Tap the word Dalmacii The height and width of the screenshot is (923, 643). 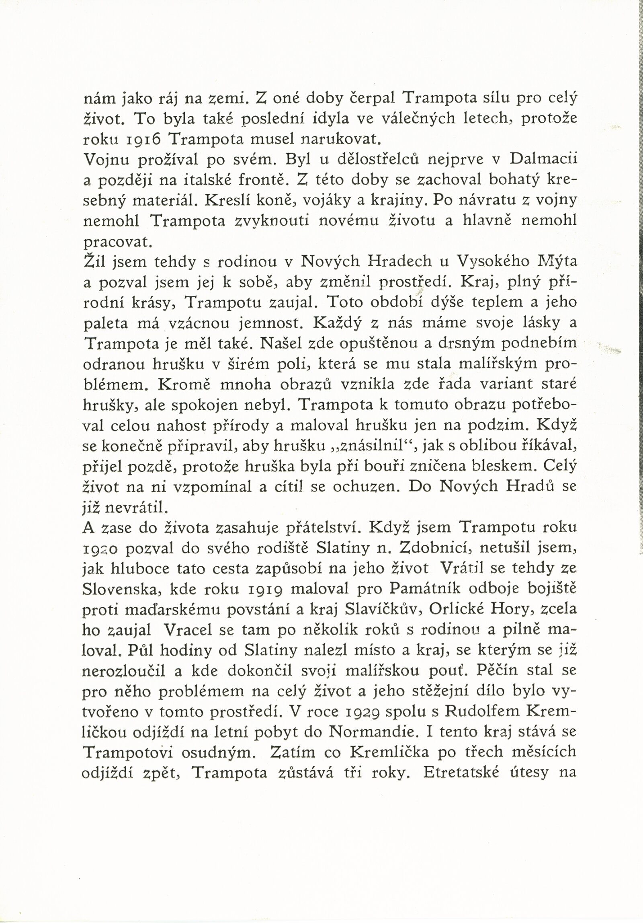tap(543, 159)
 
